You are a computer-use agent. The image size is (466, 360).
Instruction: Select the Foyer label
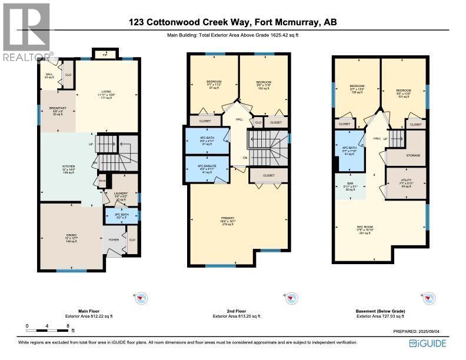(114, 241)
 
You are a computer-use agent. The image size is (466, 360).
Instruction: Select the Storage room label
(412, 155)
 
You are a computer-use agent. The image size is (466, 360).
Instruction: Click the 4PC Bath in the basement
(350, 151)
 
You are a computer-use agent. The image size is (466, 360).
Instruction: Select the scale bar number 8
(68, 325)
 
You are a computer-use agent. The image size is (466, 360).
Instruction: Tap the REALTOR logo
(25, 32)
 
